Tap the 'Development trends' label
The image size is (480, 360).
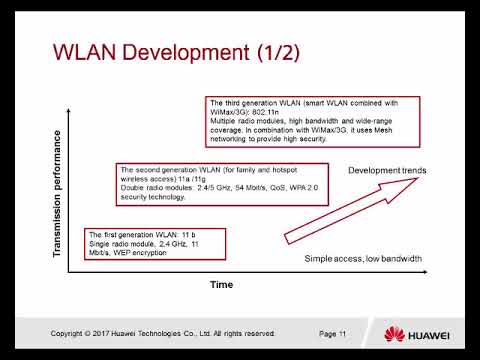(x=387, y=170)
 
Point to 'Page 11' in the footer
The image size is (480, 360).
(x=332, y=333)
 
